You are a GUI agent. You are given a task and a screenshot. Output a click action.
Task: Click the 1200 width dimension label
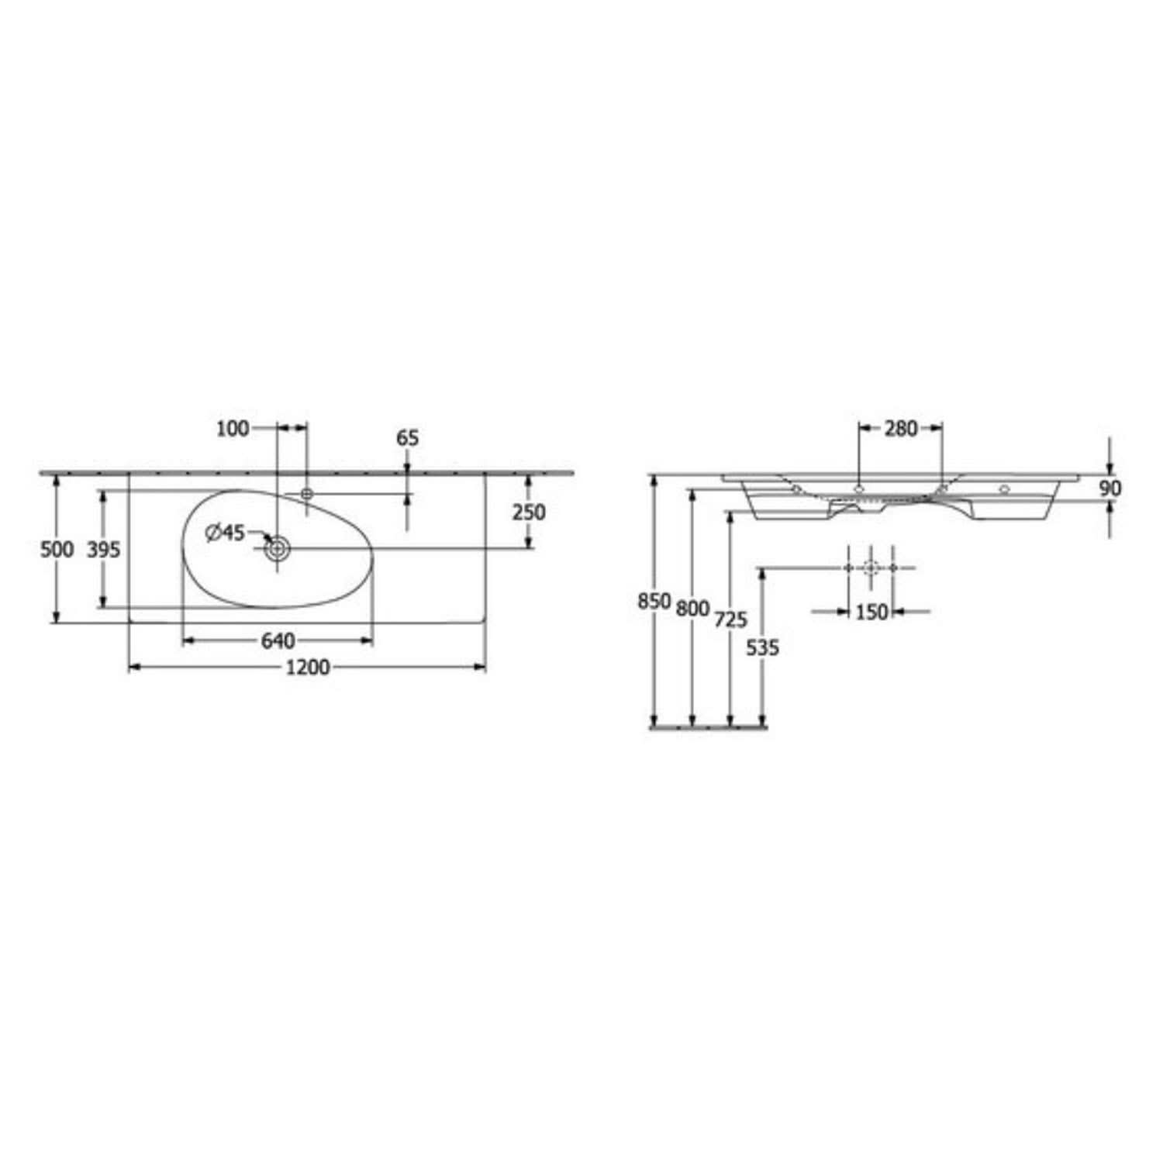(x=309, y=667)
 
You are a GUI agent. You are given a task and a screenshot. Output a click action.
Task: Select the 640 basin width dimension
(x=278, y=640)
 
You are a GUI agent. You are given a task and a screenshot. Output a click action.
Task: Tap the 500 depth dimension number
(x=57, y=549)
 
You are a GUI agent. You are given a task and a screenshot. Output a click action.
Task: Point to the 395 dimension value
(x=103, y=549)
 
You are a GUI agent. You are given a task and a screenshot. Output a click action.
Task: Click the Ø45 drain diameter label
(x=225, y=532)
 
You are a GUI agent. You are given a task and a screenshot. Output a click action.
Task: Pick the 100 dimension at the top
(x=233, y=428)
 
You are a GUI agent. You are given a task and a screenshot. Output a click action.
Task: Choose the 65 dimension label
(x=408, y=438)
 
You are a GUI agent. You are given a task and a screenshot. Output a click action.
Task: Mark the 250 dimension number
(x=529, y=512)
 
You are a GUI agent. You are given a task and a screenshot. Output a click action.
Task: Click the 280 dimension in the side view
(x=901, y=428)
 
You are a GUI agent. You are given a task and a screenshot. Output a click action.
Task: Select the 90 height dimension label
(x=1110, y=488)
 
